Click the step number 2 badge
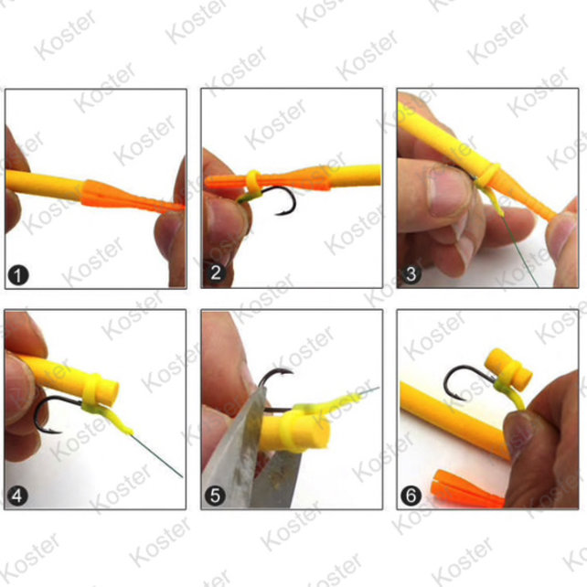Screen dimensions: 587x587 (x=215, y=273)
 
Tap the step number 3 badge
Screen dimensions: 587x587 (x=411, y=273)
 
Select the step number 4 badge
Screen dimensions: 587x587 (x=16, y=496)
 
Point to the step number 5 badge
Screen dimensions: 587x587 (x=215, y=496)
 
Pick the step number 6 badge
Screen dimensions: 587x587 (x=411, y=496)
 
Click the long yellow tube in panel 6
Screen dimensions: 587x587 (x=453, y=421)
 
